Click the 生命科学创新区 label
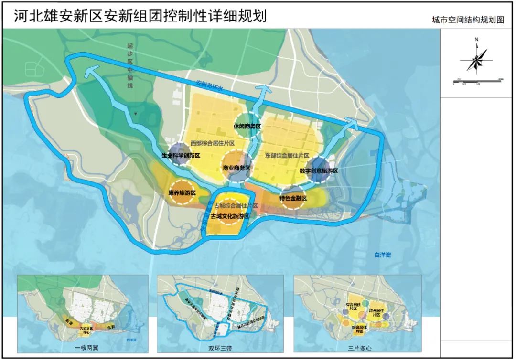click(x=180, y=156)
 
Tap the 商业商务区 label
click(x=236, y=168)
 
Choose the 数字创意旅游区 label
click(x=319, y=170)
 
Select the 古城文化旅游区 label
click(x=230, y=216)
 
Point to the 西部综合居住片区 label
click(x=212, y=143)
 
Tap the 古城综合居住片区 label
click(x=236, y=206)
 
